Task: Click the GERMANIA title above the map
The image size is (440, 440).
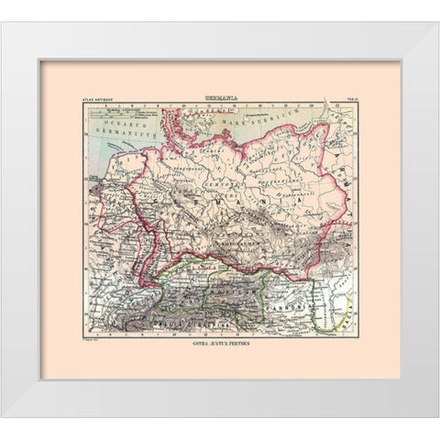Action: click(220, 95)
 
